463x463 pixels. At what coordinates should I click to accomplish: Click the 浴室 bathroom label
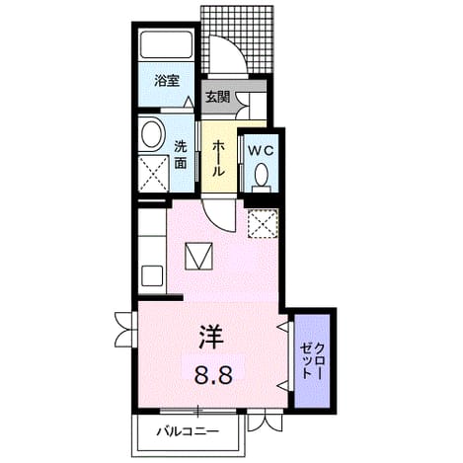point(167,81)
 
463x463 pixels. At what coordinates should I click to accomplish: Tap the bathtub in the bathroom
point(166,45)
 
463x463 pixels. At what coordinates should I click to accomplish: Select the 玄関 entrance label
point(217,97)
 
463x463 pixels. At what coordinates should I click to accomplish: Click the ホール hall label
point(218,158)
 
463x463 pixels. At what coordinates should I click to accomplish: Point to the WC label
point(261,151)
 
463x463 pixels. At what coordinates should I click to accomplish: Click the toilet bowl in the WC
point(262,174)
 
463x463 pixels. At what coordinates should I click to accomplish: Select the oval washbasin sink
point(152,135)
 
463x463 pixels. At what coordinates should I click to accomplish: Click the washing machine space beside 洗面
point(154,174)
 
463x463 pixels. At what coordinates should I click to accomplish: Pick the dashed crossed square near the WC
point(263,223)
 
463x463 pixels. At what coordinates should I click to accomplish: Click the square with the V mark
point(198,257)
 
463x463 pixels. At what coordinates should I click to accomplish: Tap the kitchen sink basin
point(152,275)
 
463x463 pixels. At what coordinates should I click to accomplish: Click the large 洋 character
point(211,338)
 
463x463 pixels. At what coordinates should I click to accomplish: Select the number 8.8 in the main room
point(213,375)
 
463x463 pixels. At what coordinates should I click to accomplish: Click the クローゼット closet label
point(312,360)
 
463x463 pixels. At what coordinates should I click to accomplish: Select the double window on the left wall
point(125,329)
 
